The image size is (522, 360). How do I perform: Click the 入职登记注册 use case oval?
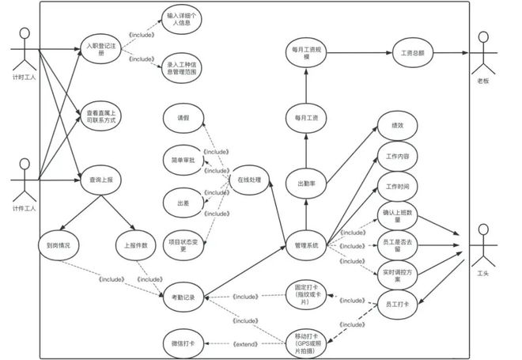(x=100, y=48)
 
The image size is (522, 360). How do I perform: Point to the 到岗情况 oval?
(x=59, y=245)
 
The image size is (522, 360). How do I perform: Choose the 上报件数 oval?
(x=136, y=245)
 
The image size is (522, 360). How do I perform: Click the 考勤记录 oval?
(x=183, y=297)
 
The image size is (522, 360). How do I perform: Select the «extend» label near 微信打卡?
(x=246, y=343)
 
